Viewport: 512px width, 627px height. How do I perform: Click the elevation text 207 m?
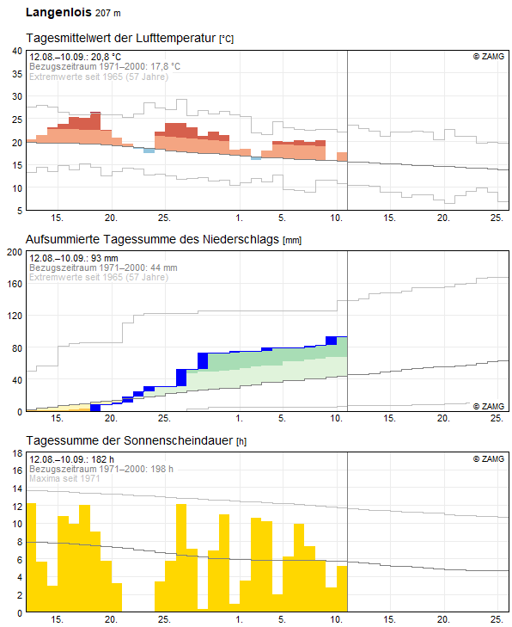coord(108,13)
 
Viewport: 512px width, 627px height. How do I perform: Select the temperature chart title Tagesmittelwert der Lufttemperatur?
coord(121,38)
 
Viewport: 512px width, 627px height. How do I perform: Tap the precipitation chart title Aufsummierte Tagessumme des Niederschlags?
coord(152,239)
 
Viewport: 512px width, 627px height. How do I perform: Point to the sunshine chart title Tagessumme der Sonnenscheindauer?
coord(130,440)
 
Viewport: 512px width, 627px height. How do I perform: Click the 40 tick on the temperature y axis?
coord(17,51)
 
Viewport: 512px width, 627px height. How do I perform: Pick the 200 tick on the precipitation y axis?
coord(15,252)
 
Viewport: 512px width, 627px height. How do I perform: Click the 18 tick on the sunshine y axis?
coord(17,453)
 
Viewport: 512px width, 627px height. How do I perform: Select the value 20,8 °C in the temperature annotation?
coord(106,57)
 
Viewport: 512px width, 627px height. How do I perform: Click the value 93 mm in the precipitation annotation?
coord(104,258)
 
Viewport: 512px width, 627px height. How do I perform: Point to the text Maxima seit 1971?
coord(64,478)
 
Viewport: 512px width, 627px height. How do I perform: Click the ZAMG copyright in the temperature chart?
coord(489,57)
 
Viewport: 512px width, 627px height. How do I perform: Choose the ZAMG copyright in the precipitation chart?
coord(489,406)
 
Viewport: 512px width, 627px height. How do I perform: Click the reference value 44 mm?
coord(163,267)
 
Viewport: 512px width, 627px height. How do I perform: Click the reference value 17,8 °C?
coord(165,66)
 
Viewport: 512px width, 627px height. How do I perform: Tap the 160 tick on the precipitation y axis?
coord(15,284)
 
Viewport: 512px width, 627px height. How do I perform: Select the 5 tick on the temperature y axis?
coord(20,211)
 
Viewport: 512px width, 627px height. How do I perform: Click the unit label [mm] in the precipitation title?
coord(292,240)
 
